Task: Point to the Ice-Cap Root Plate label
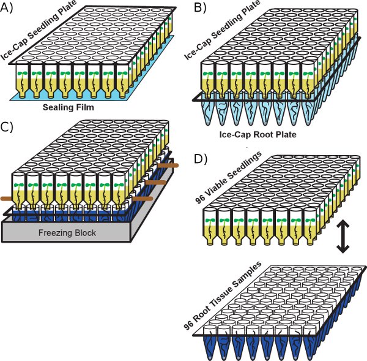pos(256,133)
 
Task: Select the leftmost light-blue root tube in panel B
pos(205,111)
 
